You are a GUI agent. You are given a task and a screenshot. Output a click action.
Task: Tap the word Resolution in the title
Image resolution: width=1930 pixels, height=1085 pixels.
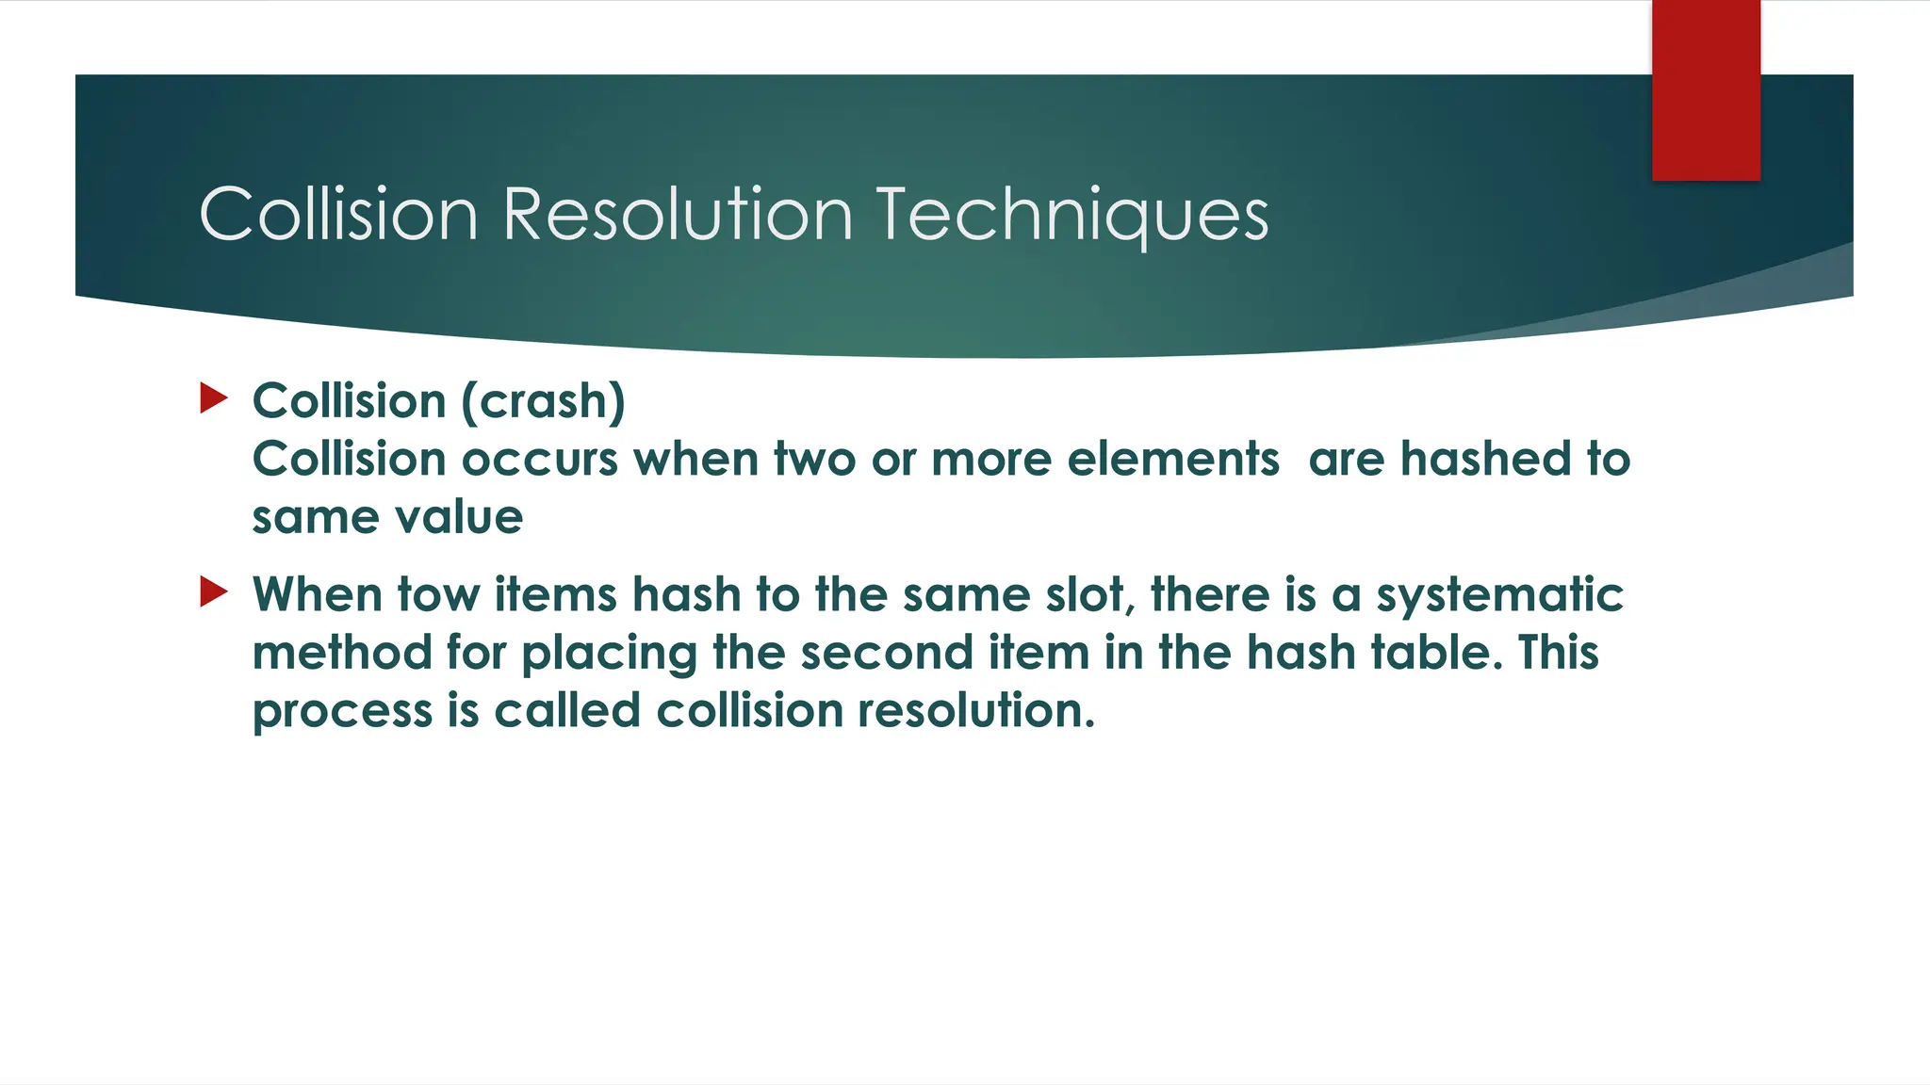[x=678, y=214]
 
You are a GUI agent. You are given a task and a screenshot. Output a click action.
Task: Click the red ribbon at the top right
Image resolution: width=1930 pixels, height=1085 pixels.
[x=1706, y=90]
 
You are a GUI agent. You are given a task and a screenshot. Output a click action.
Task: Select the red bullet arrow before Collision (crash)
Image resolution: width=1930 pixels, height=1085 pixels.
[x=214, y=398]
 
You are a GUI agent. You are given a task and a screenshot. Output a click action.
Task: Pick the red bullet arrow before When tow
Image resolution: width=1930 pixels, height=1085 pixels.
[x=214, y=592]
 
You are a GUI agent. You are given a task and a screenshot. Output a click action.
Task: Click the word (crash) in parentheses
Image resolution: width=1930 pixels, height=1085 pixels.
[x=543, y=401]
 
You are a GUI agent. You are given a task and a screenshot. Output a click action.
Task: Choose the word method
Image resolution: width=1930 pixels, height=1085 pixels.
[x=342, y=653]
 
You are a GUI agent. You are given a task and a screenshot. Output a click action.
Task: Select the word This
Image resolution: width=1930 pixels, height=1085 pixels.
[x=1558, y=653]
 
